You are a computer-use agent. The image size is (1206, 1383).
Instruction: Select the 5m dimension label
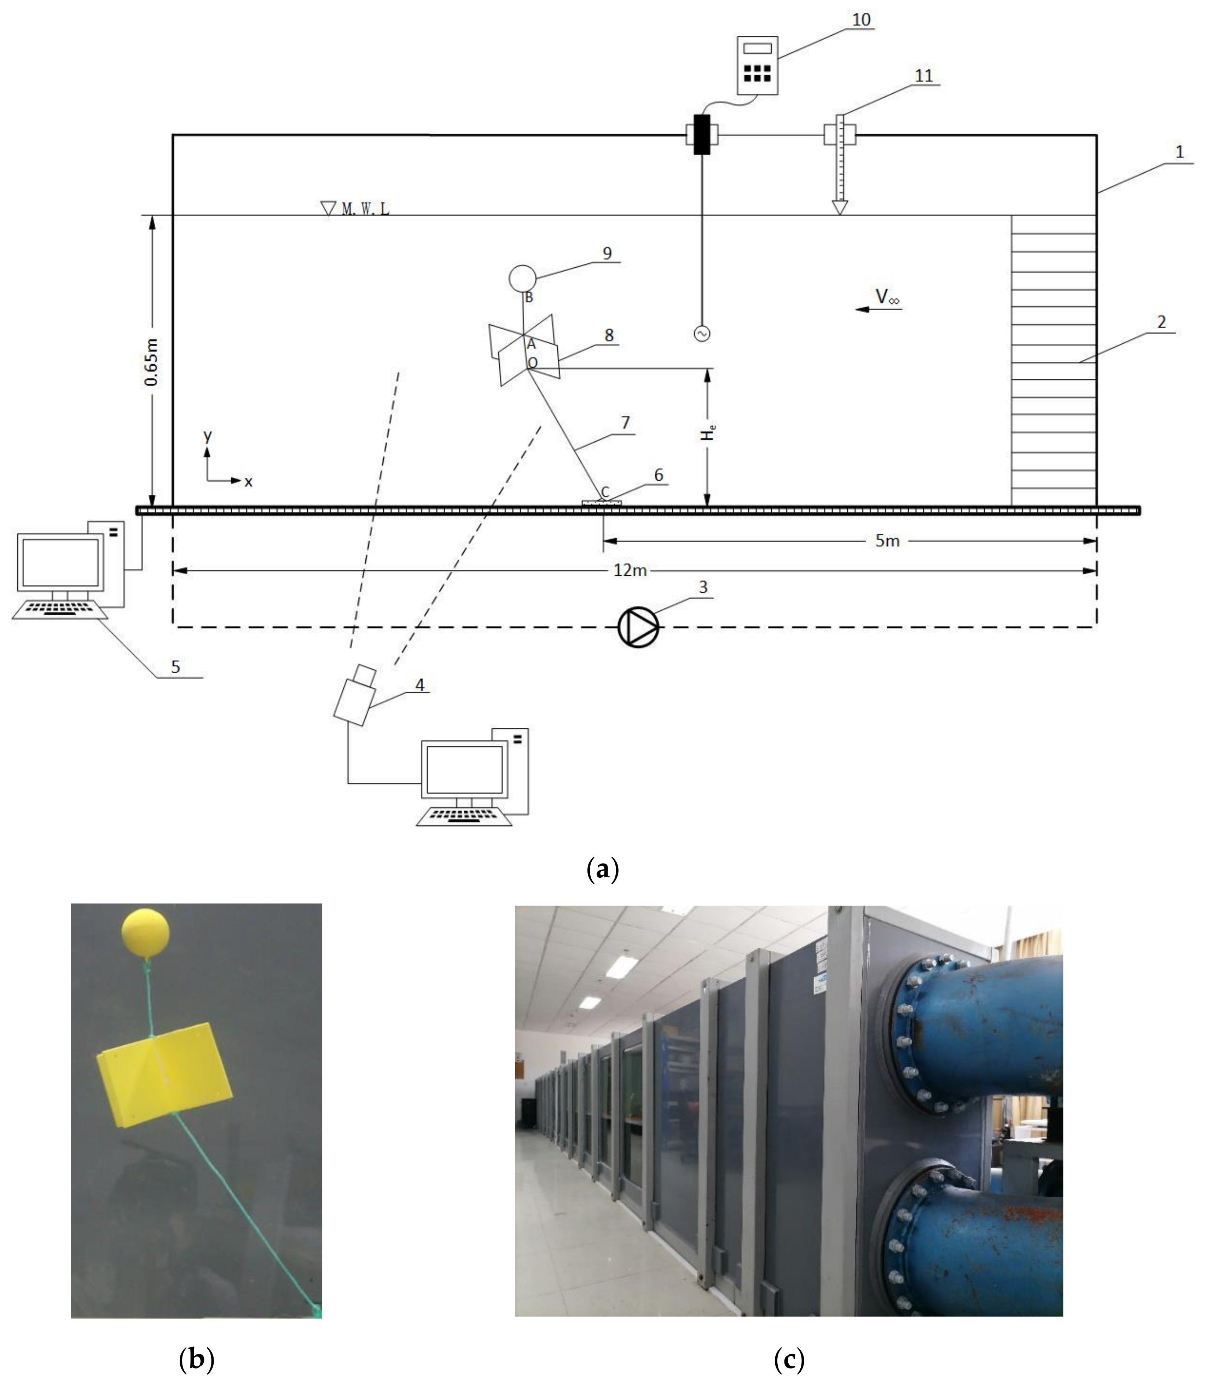[x=887, y=540]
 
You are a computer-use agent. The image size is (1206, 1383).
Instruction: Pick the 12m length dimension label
[x=630, y=570]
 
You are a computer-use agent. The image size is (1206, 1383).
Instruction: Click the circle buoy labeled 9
[x=522, y=277]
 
